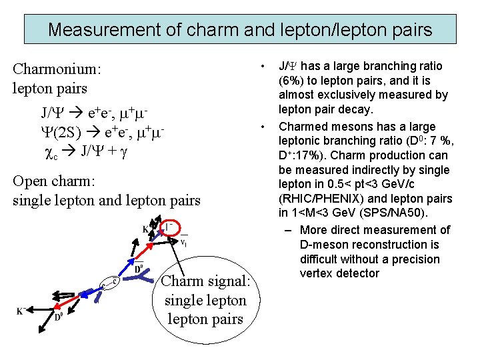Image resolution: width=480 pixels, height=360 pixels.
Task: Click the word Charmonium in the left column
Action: coord(56,69)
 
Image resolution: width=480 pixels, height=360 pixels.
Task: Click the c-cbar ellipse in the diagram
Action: coord(110,284)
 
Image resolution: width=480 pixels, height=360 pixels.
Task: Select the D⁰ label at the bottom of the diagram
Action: coord(58,317)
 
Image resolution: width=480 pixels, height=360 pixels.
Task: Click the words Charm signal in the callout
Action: coord(205,281)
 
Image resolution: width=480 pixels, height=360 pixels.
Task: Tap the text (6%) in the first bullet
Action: coord(294,81)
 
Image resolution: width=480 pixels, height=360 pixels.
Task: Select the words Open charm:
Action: coord(53,181)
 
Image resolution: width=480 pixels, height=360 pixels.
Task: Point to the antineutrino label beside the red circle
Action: coord(184,242)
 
